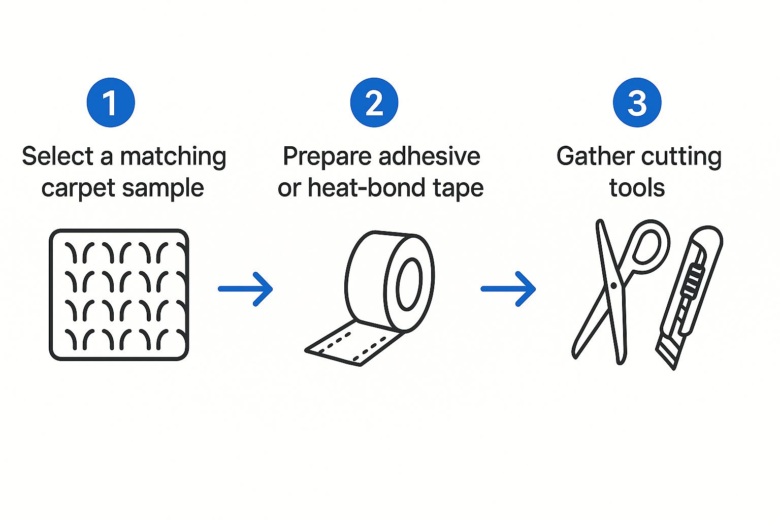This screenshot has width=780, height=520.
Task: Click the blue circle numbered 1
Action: [111, 103]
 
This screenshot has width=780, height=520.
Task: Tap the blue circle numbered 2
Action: [374, 103]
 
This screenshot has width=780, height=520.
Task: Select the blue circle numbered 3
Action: [637, 103]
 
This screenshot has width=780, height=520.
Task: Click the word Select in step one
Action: [58, 156]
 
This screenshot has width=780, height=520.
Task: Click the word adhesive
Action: [429, 156]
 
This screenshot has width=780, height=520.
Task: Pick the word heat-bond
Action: [367, 187]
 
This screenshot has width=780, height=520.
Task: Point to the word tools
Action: [637, 188]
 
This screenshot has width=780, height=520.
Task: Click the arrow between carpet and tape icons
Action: [245, 289]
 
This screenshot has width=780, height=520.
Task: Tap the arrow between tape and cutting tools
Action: [508, 289]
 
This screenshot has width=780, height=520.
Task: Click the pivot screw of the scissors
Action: [613, 286]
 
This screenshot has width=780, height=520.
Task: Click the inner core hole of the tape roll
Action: [409, 284]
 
